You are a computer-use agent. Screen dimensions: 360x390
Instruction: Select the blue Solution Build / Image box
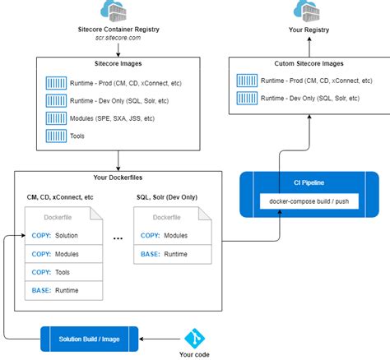tap(90, 336)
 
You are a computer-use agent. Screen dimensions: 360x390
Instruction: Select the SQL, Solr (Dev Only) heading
tap(172, 197)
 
